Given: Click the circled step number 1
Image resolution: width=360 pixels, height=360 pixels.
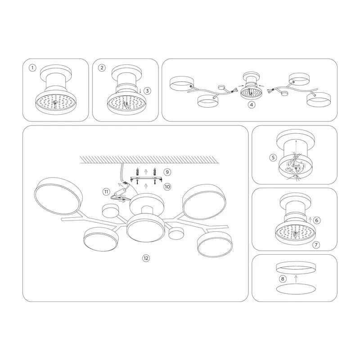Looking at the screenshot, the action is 32,68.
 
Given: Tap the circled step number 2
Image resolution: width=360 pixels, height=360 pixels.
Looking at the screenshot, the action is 102,68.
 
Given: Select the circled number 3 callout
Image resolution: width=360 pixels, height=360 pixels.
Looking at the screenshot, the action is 147,91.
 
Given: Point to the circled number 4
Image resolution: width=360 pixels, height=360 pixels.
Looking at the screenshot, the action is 252,105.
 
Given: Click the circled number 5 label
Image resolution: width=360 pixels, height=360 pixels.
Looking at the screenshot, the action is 273,157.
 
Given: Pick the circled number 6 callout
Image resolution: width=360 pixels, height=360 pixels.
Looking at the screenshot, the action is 317,220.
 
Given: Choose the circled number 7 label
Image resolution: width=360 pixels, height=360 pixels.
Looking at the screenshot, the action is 316,245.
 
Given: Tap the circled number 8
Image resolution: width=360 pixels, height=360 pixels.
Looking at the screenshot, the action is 283,279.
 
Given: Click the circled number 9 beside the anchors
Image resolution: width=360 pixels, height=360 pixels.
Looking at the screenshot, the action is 167,172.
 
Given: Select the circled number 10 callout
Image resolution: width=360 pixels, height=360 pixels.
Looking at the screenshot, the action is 167,187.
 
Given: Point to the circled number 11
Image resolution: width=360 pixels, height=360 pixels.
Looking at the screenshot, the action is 106,192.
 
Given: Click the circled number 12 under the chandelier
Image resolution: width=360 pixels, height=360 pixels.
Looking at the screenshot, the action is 146,258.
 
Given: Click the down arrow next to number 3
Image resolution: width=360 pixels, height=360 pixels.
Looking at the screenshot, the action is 140,91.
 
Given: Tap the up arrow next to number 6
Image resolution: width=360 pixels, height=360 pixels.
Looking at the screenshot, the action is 310,220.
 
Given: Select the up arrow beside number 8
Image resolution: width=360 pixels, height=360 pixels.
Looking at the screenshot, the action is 296,279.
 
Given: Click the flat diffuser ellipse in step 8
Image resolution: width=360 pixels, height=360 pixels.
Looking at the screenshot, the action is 296,289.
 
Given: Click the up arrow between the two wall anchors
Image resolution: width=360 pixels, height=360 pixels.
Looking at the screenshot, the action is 145,172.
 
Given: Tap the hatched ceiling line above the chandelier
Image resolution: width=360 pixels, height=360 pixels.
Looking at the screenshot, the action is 149,160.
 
